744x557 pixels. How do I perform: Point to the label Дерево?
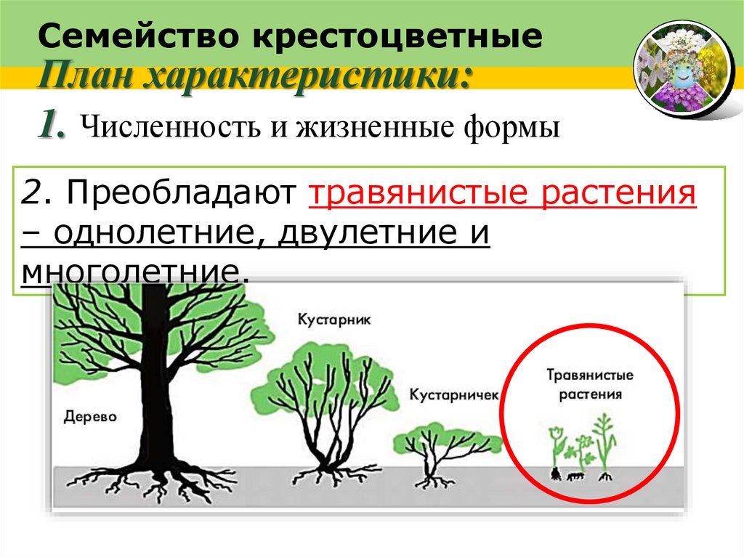90,417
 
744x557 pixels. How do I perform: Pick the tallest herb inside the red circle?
604,443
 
